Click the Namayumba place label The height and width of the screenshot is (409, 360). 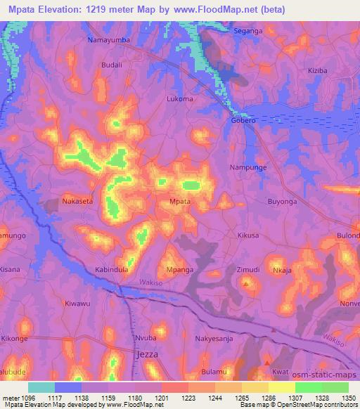coord(108,40)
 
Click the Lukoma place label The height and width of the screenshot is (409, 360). coord(180,99)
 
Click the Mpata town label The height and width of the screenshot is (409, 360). coord(181,202)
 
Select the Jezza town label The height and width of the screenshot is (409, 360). coord(146,355)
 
